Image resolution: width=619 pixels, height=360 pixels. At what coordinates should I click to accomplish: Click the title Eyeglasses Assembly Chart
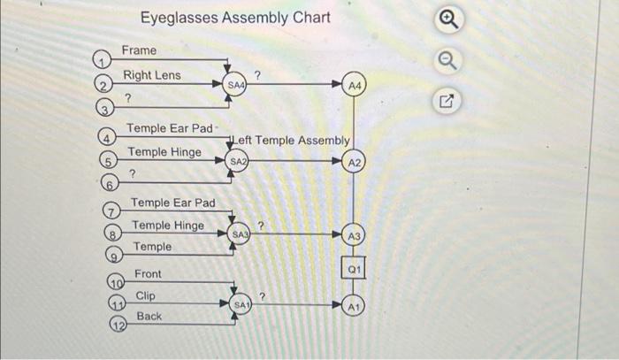pyautogui.click(x=235, y=18)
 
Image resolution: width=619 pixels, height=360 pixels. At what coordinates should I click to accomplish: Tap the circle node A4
pyautogui.click(x=355, y=85)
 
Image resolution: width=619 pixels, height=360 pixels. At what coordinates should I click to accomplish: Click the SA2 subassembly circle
pyautogui.click(x=237, y=163)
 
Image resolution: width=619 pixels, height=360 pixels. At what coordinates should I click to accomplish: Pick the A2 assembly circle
pyautogui.click(x=355, y=163)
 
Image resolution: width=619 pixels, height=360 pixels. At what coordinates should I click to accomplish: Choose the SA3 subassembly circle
pyautogui.click(x=241, y=234)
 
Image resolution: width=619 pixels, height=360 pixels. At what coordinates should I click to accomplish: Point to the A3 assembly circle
pyautogui.click(x=355, y=235)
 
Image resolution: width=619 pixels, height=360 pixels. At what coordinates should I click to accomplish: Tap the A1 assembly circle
pyautogui.click(x=355, y=305)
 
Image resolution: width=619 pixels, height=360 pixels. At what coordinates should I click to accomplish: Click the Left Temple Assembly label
pyautogui.click(x=291, y=140)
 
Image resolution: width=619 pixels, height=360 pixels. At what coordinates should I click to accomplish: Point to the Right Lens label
pyautogui.click(x=151, y=75)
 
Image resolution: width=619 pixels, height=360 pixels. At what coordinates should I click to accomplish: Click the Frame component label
pyautogui.click(x=139, y=50)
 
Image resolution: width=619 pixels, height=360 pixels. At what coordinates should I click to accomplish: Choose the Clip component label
pyautogui.click(x=146, y=295)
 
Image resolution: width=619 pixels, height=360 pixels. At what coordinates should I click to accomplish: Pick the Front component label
pyautogui.click(x=149, y=274)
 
